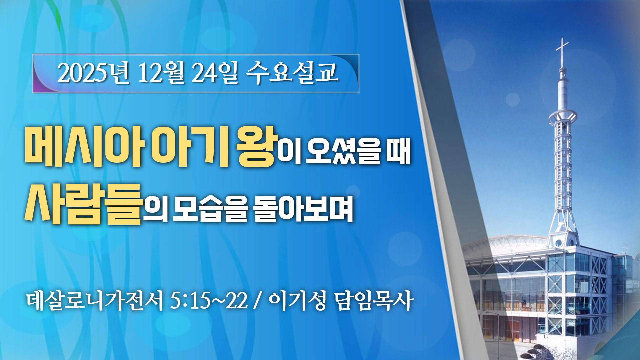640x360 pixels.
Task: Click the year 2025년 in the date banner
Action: [93, 72]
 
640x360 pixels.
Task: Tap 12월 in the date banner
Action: [161, 72]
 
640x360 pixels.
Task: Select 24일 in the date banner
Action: [215, 72]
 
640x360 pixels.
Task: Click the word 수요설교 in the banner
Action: [292, 72]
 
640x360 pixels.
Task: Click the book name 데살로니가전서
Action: [95, 300]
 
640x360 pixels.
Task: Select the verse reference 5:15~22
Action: [209, 300]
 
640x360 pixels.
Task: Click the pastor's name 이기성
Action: [297, 300]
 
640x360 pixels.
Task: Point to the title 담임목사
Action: [374, 300]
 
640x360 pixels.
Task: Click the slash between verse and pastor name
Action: [257, 300]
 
